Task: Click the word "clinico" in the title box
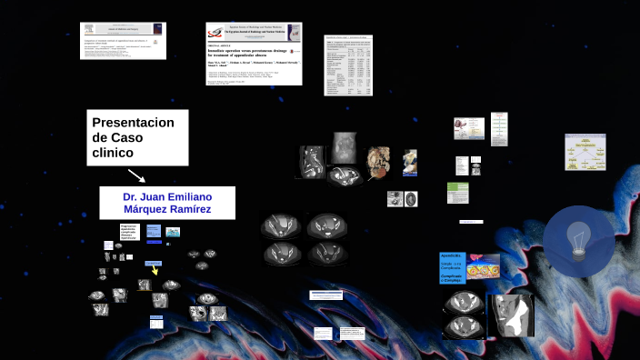[x=113, y=152]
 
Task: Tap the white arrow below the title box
[x=135, y=175]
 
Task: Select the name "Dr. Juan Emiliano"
[x=167, y=196]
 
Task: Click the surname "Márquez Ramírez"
[x=167, y=210]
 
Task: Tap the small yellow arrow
[x=155, y=270]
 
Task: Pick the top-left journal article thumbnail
[x=122, y=41]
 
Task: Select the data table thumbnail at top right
[x=348, y=64]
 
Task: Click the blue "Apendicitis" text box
[x=453, y=267]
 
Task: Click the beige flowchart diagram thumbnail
[x=585, y=152]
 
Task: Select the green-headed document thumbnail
[x=457, y=193]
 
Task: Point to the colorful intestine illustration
[x=484, y=266]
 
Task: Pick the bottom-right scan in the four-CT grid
[x=325, y=253]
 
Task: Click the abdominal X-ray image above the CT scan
[x=344, y=145]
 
